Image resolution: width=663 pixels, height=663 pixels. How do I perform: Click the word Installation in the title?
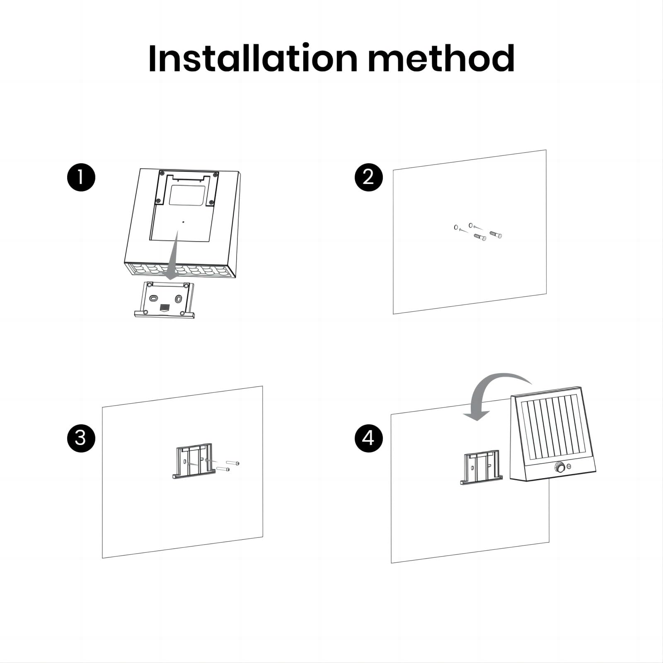[x=252, y=58]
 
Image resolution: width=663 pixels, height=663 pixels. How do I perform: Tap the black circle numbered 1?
[x=81, y=177]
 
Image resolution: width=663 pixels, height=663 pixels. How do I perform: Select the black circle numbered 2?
[x=369, y=177]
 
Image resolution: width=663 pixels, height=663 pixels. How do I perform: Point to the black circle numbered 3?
[x=81, y=438]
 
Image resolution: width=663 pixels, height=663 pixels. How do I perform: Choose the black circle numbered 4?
[x=369, y=438]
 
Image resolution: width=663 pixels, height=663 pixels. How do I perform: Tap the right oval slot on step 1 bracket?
[x=179, y=299]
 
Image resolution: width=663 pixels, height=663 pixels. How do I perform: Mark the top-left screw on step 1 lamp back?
[x=162, y=173]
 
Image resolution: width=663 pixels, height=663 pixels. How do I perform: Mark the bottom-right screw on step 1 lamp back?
[x=211, y=203]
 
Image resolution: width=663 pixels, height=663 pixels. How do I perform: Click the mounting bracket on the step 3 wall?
[x=194, y=461]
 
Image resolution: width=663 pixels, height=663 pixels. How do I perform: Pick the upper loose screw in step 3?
[x=232, y=462]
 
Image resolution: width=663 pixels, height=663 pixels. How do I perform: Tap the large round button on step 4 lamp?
[x=560, y=468]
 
